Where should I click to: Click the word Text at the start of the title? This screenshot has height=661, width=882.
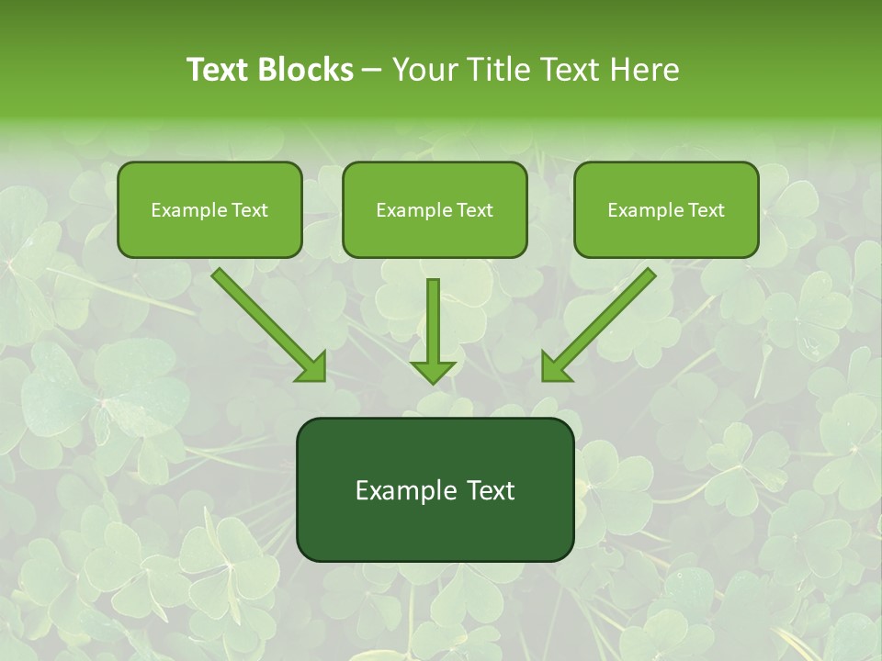(x=220, y=70)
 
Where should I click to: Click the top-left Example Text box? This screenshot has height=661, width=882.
(x=209, y=209)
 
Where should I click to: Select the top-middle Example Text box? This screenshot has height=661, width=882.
(x=435, y=209)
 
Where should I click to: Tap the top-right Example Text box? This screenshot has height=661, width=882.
(x=666, y=209)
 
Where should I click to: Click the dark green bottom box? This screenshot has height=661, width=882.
(x=435, y=489)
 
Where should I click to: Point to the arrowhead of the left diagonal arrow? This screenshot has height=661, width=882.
(x=312, y=367)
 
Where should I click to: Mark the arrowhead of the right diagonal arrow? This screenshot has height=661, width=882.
(x=555, y=367)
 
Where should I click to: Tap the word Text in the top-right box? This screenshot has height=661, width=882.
(x=706, y=210)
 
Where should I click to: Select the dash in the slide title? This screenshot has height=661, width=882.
(x=372, y=71)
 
